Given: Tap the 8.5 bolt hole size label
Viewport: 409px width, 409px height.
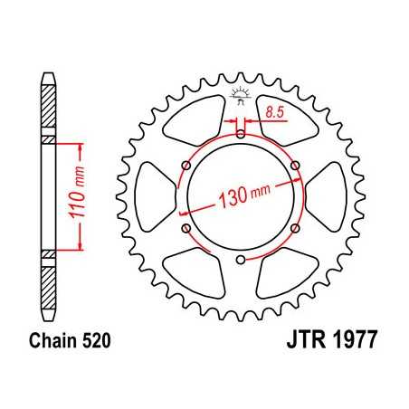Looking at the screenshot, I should click(276, 112).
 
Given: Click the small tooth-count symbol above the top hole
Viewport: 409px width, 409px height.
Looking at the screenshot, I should click(241, 93).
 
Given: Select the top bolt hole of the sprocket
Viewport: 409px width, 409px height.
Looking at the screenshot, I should click(241, 135).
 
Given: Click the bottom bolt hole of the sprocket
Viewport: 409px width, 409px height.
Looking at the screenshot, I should click(241, 262).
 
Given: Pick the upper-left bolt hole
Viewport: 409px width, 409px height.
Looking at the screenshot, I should click(185, 166).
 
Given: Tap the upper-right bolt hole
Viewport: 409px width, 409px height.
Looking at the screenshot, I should click(296, 166).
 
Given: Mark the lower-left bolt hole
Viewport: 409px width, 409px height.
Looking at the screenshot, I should click(185, 230).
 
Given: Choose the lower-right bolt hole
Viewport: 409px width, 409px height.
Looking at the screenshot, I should click(296, 230).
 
